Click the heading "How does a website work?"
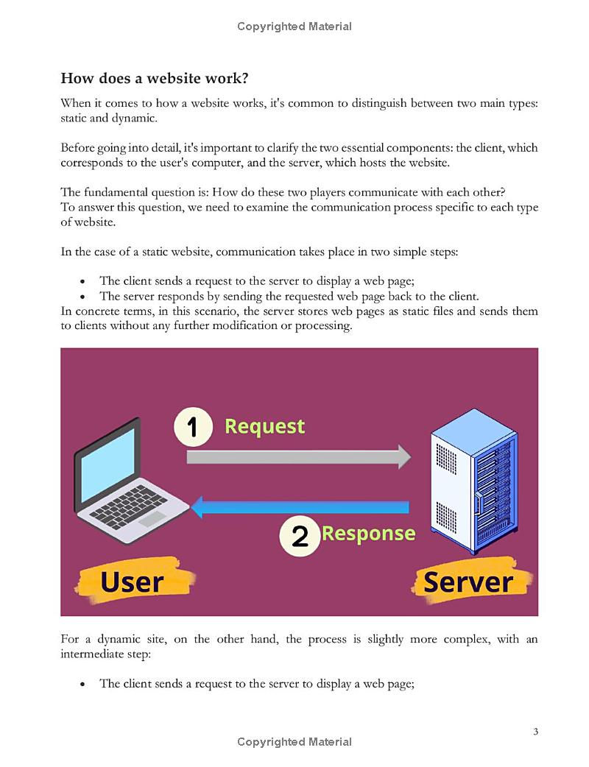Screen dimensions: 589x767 coord(155,78)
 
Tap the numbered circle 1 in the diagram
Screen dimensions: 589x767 coord(193,427)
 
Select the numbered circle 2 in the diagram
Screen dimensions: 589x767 coord(300,536)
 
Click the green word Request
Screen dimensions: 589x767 coord(264,426)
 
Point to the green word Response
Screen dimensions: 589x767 coord(369,534)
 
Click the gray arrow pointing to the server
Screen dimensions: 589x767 coord(299,457)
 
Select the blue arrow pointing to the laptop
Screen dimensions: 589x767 coord(300,507)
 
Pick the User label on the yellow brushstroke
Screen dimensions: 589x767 coord(132,582)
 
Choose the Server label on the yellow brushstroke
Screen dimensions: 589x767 coord(468,582)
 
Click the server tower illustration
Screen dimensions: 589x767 coord(473,481)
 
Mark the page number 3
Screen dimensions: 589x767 coord(536,732)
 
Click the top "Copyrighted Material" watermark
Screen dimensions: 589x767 coord(294,26)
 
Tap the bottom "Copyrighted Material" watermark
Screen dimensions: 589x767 coord(294,742)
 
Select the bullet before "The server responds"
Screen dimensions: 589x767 coord(82,297)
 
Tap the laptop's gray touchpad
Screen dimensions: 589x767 coord(152,518)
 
